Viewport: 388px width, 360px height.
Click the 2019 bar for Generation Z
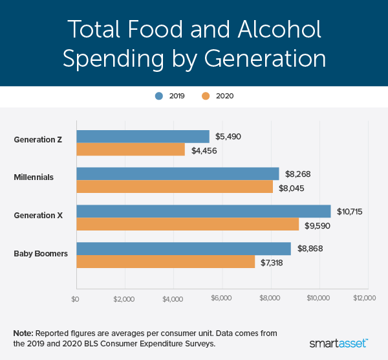[143, 137]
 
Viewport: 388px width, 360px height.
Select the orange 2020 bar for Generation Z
[130, 150]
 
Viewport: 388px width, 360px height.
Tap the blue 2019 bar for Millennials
[178, 174]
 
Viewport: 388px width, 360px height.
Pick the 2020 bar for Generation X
[188, 224]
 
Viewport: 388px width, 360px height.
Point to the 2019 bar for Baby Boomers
[184, 249]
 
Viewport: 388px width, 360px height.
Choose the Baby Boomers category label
[41, 253]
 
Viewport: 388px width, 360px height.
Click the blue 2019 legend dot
[158, 96]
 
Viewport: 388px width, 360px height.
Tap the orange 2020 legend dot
[206, 96]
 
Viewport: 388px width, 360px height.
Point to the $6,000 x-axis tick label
[222, 299]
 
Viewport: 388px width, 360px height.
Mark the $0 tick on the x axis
[76, 299]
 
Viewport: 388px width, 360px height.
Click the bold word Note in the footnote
[23, 333]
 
